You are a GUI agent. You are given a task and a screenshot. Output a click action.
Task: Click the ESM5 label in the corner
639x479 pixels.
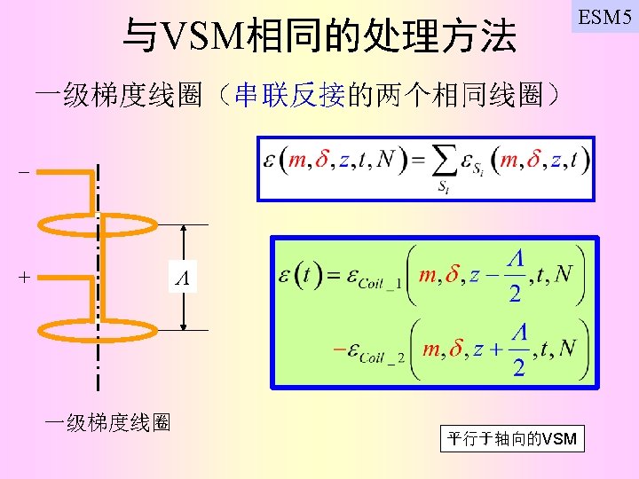pos(604,17)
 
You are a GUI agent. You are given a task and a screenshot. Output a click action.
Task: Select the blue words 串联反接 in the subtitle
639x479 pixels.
pos(288,95)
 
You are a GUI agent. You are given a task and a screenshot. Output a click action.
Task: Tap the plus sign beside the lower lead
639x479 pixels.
pos(23,277)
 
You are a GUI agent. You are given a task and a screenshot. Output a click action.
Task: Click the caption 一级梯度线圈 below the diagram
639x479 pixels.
pos(108,422)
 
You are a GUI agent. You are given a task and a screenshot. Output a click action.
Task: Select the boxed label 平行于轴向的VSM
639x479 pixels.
pos(512,438)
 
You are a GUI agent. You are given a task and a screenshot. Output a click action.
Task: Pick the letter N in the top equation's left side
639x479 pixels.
pos(385,161)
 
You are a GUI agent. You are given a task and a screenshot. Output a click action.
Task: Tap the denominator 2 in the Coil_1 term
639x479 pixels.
pos(515,294)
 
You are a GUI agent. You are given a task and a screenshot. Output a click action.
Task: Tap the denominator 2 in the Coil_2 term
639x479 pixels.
pos(518,366)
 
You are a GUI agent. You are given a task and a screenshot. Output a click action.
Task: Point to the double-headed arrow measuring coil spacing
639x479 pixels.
pos(183,248)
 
